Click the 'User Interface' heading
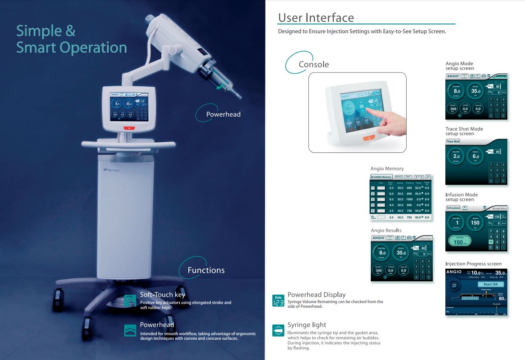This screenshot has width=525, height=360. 316,18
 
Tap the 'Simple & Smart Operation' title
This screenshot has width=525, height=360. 71,39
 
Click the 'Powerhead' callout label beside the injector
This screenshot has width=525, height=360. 223,114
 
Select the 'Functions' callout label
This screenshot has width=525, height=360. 206,270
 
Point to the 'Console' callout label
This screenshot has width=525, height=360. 313,64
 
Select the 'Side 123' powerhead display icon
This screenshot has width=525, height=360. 278,300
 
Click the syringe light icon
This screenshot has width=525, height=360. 278,331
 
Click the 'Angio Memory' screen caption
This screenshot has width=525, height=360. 387,169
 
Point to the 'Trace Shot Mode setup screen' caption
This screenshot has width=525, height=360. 464,131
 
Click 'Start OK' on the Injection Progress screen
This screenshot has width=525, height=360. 490,284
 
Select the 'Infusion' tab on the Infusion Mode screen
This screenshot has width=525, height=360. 453,208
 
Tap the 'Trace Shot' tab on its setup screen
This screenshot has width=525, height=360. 453,142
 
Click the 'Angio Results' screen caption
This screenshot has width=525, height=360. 386,230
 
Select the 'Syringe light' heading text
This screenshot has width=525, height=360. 307,325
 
